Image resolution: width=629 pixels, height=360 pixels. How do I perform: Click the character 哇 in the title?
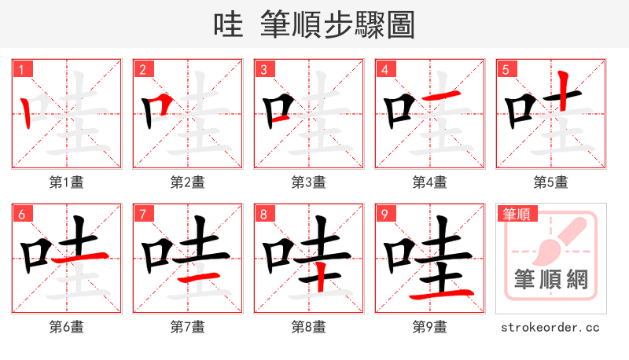pyautogui.click(x=228, y=26)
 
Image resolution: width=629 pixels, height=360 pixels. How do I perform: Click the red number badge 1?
pyautogui.click(x=21, y=69)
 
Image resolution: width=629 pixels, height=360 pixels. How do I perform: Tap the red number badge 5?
pyautogui.click(x=506, y=69)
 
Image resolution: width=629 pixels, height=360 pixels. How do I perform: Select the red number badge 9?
pyautogui.click(x=384, y=214)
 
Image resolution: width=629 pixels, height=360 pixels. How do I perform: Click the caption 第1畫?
pyautogui.click(x=66, y=182)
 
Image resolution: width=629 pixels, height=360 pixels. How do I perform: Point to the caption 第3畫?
pyautogui.click(x=308, y=182)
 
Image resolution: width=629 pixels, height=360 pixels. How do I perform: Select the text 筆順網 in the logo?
pyautogui.click(x=550, y=280)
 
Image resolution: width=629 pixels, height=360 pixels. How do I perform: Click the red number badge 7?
pyautogui.click(x=142, y=214)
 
